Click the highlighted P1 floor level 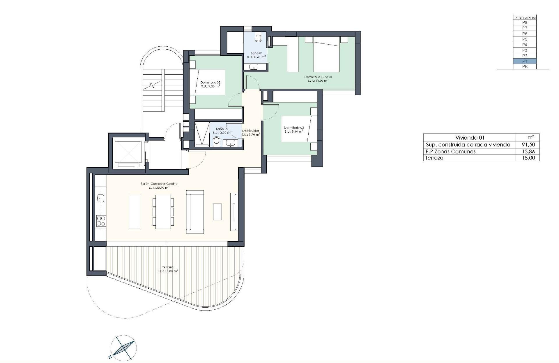coord(524,61)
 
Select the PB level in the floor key coord(524,67)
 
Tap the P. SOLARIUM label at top coord(524,18)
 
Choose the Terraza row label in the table coord(434,158)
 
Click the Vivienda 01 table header coord(470,138)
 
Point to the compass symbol coord(123,347)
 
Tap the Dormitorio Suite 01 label coord(318,77)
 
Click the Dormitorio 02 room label coord(210,83)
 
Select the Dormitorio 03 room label coord(294,128)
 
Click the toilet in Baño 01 coord(258,38)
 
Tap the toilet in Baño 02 coord(216,142)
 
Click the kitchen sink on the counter coord(101,198)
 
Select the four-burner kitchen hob coord(101,221)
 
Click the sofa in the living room coord(195,212)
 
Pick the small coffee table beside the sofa coord(217,212)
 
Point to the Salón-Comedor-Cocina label coord(159,184)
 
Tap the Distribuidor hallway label coord(251,131)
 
